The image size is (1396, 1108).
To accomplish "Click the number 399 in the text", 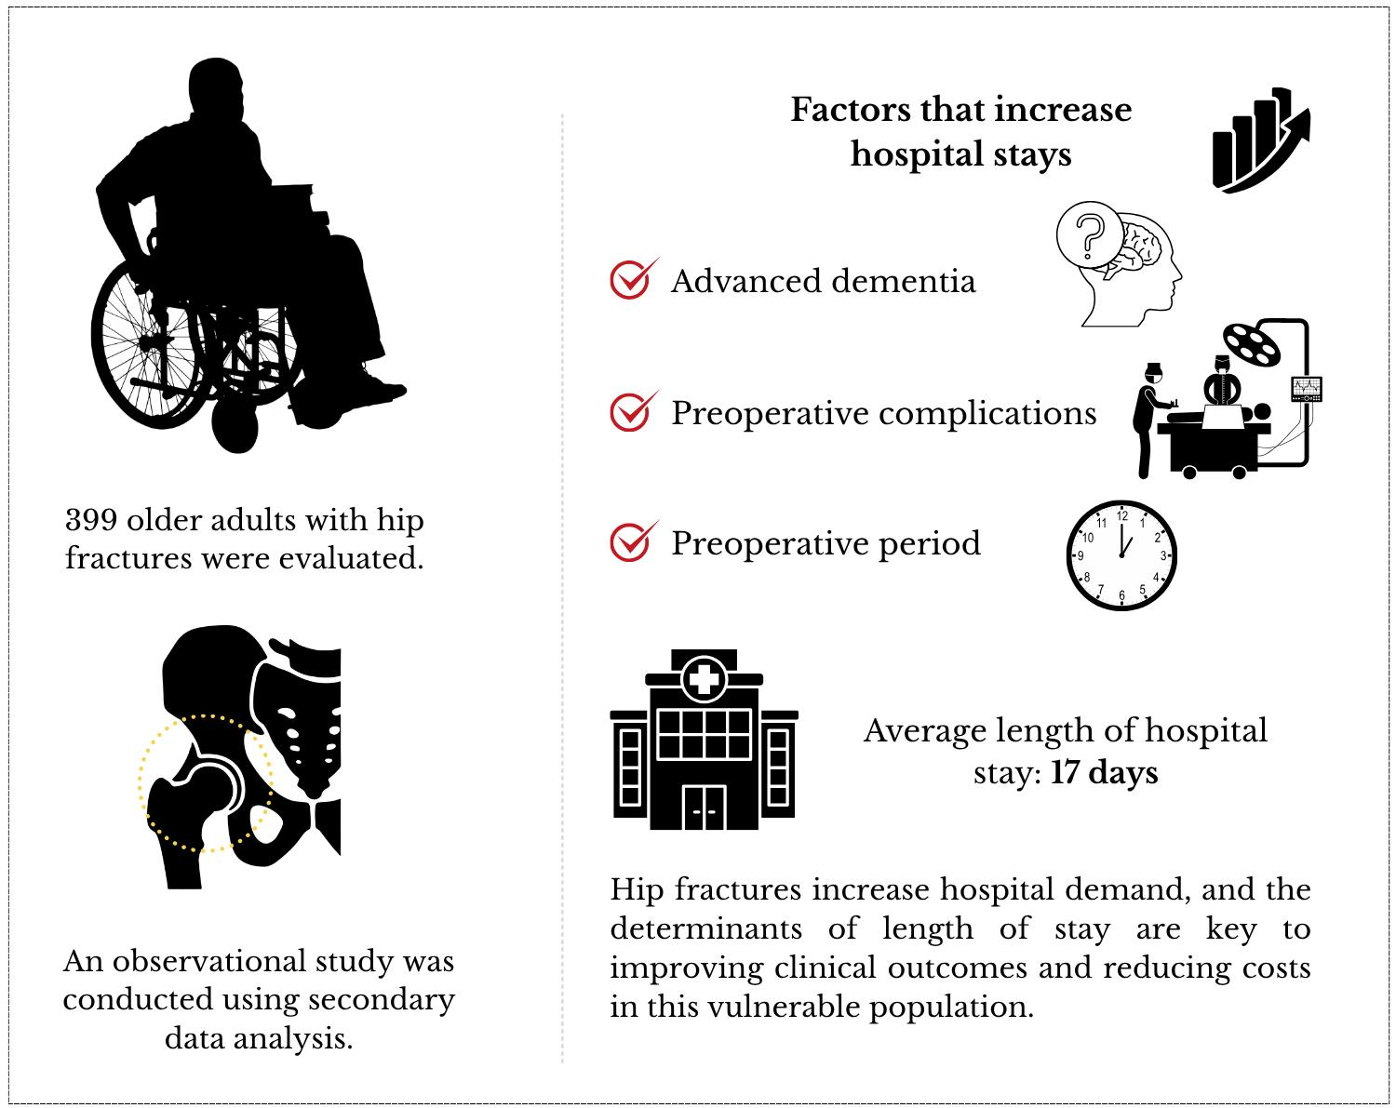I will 90,520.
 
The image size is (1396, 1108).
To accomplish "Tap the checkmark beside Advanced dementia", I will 631,279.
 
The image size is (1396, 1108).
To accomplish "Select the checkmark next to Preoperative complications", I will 631,411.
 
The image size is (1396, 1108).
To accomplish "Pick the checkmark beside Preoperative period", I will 631,541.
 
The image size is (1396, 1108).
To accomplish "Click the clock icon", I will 1121,555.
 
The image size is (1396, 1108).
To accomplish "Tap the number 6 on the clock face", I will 1121,595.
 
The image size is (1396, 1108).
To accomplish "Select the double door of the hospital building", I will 704,808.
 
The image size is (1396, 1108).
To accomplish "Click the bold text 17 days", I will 1105,773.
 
